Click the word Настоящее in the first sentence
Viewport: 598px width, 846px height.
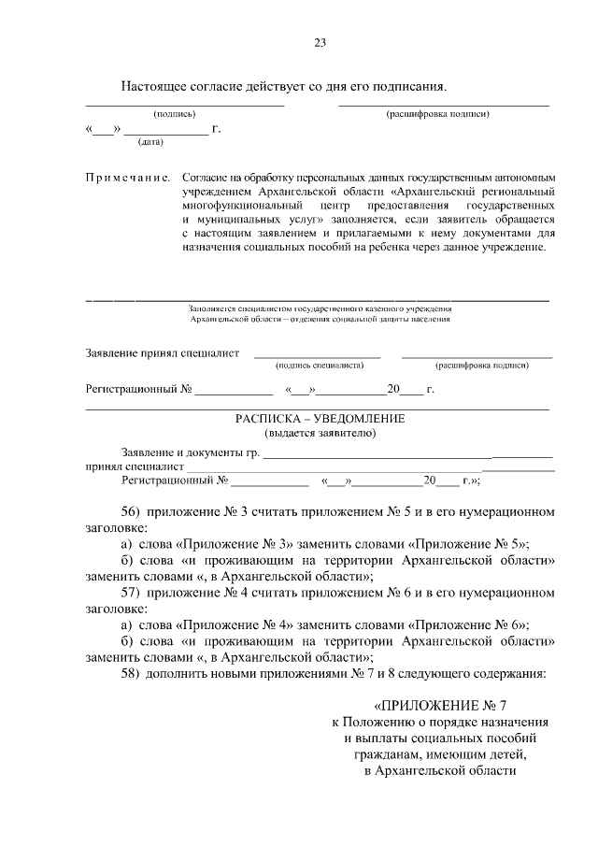(153, 86)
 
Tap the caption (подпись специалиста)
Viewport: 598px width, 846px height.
(319, 367)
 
